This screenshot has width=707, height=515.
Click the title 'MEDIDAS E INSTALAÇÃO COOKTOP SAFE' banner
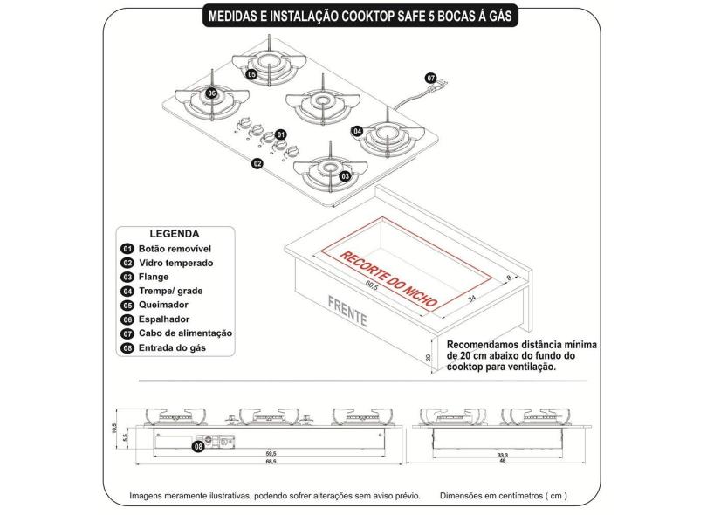pos(353,15)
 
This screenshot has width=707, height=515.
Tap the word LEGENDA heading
pos(175,234)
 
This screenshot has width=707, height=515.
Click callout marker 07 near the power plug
pos(429,77)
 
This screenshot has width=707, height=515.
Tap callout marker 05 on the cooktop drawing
pos(251,74)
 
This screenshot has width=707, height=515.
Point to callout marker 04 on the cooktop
pos(358,131)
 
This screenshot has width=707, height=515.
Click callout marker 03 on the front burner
pos(346,175)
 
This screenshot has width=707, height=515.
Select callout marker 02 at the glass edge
pos(257,163)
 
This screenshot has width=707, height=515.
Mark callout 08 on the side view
pos(198,446)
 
